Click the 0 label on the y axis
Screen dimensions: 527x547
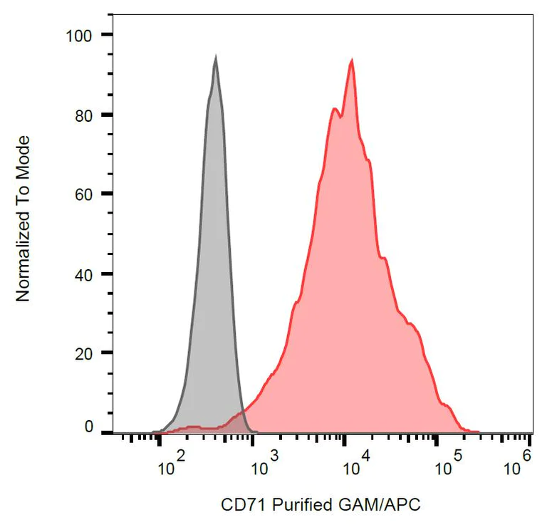89,427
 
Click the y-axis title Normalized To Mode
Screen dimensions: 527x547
24,218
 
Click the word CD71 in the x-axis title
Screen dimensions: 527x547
239,506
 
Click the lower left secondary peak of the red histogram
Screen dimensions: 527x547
334,108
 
